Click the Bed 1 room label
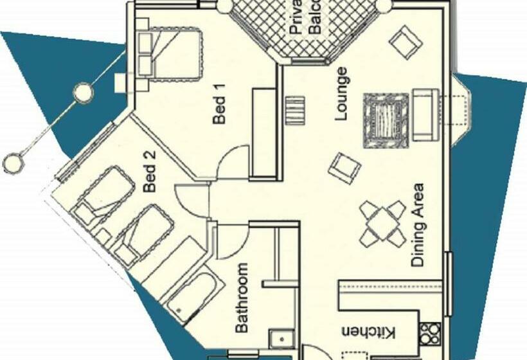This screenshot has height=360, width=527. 220,110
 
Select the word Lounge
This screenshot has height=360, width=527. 341,94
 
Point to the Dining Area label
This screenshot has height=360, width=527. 418,225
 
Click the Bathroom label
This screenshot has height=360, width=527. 242,298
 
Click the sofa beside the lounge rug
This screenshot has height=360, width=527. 424,115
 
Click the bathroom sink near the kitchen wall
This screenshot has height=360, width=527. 281,339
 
